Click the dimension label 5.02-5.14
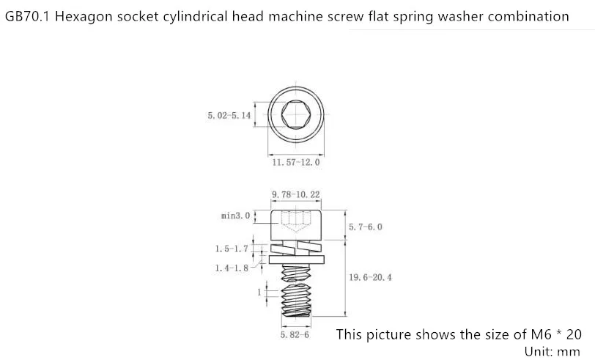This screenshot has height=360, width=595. coord(229,115)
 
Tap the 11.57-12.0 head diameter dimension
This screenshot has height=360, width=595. coord(296,162)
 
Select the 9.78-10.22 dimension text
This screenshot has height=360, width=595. coord(296,194)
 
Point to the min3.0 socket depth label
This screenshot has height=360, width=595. coord(236,216)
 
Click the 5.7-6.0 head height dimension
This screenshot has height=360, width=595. coord(366,227)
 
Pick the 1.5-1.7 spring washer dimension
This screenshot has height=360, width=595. coord(232,249)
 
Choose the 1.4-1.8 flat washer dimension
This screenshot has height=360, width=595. coord(232,268)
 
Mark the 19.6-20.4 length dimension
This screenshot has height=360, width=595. coord(370,277)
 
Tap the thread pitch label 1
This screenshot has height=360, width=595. coord(259,292)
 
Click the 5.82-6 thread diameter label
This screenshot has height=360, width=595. coord(295,334)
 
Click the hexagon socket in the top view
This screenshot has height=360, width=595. coord(296,114)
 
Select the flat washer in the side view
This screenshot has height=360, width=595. coord(296,260)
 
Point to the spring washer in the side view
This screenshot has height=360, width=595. coord(296,249)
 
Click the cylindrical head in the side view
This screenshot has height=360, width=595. coord(296,225)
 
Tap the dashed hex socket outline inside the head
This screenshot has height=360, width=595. coord(296,221)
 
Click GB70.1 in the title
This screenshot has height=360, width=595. coord(27,16)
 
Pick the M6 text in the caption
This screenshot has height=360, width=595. coord(540,334)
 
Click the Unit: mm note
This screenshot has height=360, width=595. coord(552,351)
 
